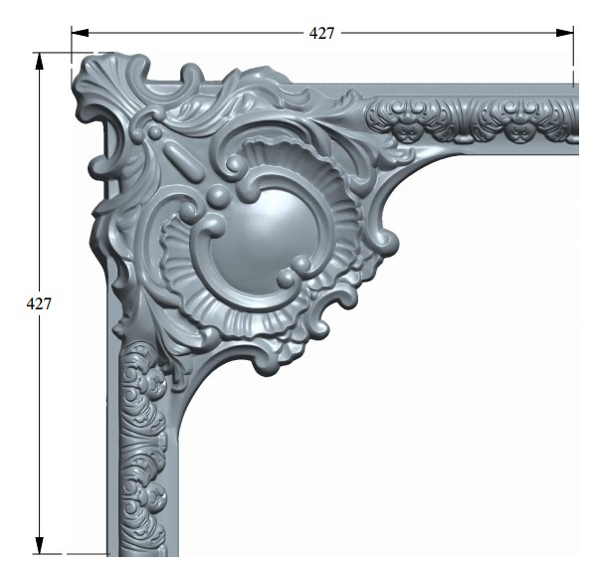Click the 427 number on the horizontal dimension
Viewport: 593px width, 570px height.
coord(321,33)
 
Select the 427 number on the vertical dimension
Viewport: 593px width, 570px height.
coord(39,303)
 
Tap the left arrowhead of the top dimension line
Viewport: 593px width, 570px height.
coord(80,33)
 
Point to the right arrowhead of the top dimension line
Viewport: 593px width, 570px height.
coord(564,33)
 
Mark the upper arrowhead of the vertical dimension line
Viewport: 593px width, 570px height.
coord(40,61)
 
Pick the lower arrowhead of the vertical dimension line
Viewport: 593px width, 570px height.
coord(40,545)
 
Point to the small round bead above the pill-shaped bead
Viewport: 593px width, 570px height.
coord(154,132)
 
